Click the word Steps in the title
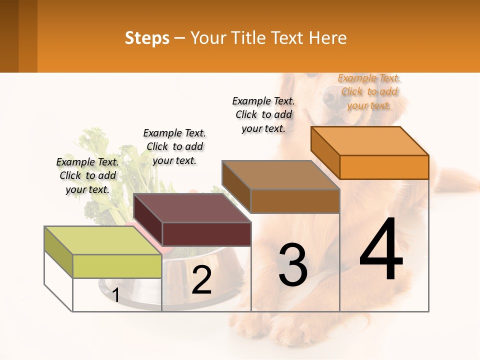147,38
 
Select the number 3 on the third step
293,264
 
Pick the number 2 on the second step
201,280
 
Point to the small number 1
115,295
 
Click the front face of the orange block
384,167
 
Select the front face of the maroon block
206,234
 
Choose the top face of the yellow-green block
102,240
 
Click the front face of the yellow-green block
117,266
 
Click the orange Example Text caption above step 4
369,91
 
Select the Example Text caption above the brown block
263,114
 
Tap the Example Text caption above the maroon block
174,146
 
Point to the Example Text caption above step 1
87,175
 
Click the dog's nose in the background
330,98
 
